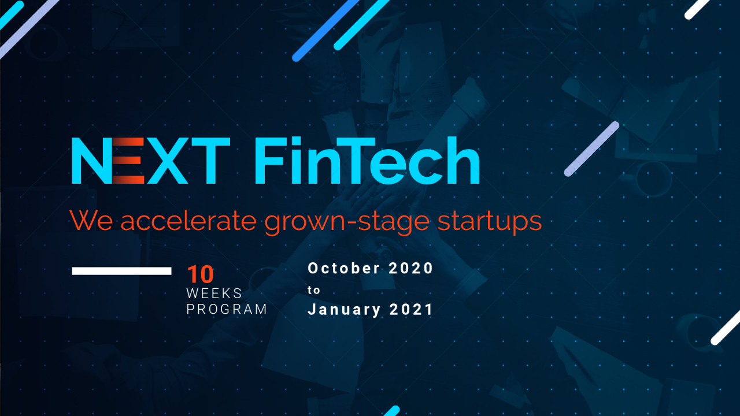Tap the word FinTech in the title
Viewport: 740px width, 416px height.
367,162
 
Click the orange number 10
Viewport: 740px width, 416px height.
200,275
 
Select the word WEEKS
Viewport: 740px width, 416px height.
214,294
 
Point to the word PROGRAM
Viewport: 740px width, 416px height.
227,309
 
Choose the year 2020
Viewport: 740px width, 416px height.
411,268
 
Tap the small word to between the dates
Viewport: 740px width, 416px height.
313,289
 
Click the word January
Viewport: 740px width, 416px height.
345,310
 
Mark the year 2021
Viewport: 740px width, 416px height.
411,310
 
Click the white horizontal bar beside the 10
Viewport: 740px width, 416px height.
121,271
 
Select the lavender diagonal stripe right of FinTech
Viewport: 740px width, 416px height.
591,148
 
